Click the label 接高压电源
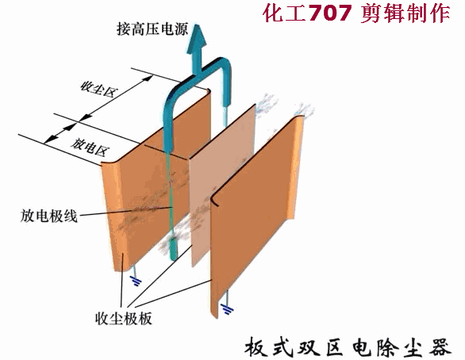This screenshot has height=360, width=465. point(152,29)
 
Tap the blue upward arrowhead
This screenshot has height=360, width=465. point(197,39)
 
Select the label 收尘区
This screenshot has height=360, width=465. point(99,89)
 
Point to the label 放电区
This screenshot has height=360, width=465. point(90,147)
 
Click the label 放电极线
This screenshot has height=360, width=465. point(49,216)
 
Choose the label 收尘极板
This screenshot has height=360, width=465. point(123,319)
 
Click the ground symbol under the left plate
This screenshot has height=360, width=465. point(136,281)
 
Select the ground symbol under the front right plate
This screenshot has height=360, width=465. point(227,309)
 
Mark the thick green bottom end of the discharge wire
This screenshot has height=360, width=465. point(173,249)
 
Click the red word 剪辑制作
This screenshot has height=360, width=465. point(405,13)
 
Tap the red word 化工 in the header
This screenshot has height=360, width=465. point(284,13)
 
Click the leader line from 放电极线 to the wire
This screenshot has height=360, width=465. point(125,211)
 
